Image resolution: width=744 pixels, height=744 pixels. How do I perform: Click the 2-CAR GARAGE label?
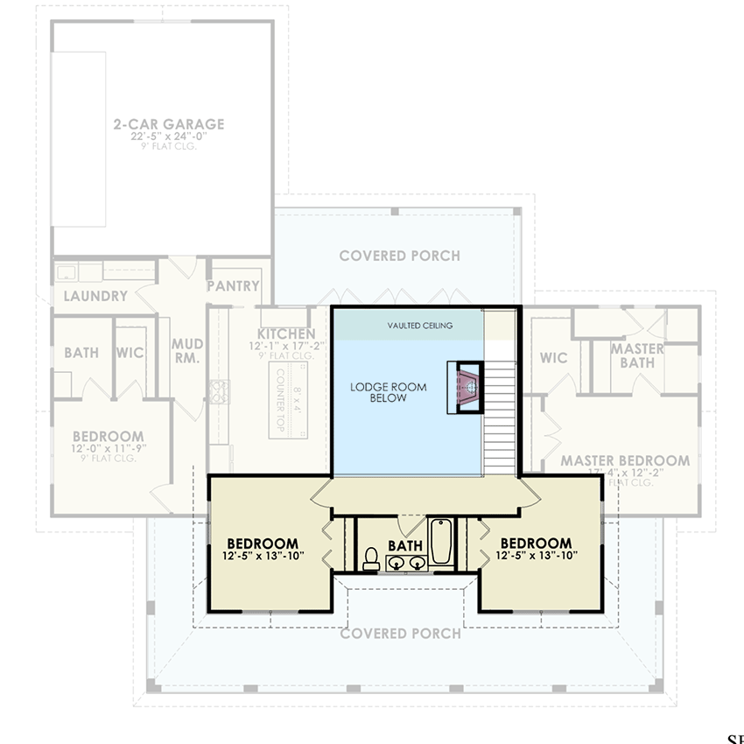pyautogui.click(x=169, y=124)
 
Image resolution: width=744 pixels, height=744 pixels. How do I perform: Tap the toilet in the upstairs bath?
pyautogui.click(x=371, y=558)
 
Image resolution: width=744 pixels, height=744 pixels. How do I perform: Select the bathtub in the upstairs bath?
pyautogui.click(x=440, y=542)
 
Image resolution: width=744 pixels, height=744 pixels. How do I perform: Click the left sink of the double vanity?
pyautogui.click(x=397, y=562)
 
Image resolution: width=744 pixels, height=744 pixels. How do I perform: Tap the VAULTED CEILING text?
pyautogui.click(x=420, y=326)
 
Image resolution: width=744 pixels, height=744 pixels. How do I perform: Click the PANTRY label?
pyautogui.click(x=233, y=286)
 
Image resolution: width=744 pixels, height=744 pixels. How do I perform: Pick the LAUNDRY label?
pyautogui.click(x=95, y=297)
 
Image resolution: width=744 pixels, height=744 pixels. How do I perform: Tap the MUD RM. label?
pyautogui.click(x=186, y=351)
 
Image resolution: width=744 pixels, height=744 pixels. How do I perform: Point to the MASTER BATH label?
pyautogui.click(x=636, y=355)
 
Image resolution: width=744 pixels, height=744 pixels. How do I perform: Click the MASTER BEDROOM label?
pyautogui.click(x=625, y=460)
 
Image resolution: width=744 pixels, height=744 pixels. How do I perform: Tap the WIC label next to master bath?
pyautogui.click(x=553, y=358)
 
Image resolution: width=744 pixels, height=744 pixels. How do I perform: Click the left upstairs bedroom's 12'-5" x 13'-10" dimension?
pyautogui.click(x=263, y=556)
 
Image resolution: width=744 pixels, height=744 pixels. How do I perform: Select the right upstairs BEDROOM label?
pyautogui.click(x=536, y=543)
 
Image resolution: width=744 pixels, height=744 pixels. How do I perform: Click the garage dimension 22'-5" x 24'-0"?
pyautogui.click(x=168, y=137)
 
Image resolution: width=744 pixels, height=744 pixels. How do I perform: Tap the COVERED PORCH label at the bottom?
pyautogui.click(x=399, y=633)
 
